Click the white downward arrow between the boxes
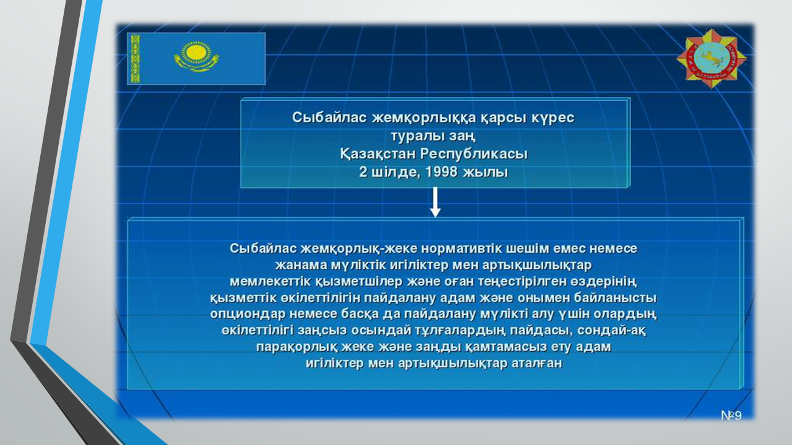pyautogui.click(x=435, y=202)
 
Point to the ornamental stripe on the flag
pyautogui.click(x=135, y=59)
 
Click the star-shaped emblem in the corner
pyautogui.click(x=712, y=59)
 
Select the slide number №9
pyautogui.click(x=731, y=416)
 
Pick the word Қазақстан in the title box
pyautogui.click(x=377, y=154)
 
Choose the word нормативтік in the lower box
pyautogui.click(x=462, y=248)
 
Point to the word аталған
pyautogui.click(x=537, y=363)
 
